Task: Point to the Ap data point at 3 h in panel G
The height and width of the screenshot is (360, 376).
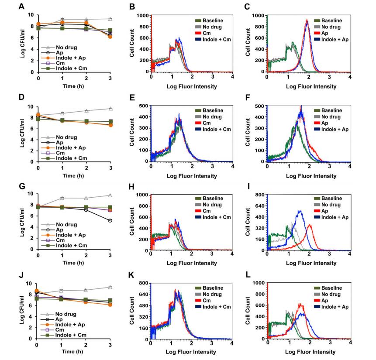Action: [110, 221]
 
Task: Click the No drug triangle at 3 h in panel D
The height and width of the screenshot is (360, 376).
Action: [110, 108]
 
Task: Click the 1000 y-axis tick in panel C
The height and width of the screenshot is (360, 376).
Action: [260, 15]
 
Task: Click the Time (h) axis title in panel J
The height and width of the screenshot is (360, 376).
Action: [75, 351]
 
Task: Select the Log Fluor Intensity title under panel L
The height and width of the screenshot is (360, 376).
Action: [311, 352]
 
